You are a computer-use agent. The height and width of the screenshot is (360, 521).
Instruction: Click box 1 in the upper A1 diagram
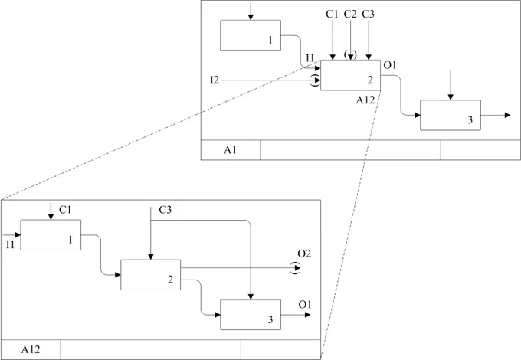pyautogui.click(x=251, y=35)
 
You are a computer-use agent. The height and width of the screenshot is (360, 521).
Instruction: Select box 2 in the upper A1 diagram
pyautogui.click(x=351, y=75)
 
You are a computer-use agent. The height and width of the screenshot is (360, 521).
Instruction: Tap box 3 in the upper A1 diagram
pyautogui.click(x=451, y=115)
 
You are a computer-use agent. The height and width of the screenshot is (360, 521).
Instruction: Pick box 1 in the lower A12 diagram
pyautogui.click(x=51, y=235)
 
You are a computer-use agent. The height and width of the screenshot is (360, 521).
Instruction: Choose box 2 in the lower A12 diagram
pyautogui.click(x=150, y=275)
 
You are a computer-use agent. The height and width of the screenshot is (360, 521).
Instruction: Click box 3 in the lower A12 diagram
pyautogui.click(x=251, y=315)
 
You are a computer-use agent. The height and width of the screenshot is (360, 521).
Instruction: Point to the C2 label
pyautogui.click(x=350, y=14)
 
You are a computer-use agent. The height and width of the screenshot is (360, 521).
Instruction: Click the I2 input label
pyautogui.click(x=215, y=80)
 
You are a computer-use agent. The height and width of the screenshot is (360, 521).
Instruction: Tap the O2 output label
pyautogui.click(x=304, y=254)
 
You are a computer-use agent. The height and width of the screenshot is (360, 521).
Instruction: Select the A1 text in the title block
pyautogui.click(x=230, y=150)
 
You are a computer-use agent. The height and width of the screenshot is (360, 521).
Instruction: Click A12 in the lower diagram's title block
pyautogui.click(x=31, y=349)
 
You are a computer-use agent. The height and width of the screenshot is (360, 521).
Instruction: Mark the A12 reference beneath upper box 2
pyautogui.click(x=365, y=100)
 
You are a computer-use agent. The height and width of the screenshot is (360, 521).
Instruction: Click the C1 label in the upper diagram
pyautogui.click(x=332, y=14)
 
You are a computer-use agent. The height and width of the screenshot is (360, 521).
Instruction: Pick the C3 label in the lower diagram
pyautogui.click(x=165, y=210)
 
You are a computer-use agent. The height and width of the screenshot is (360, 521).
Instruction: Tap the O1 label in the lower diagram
pyautogui.click(x=305, y=305)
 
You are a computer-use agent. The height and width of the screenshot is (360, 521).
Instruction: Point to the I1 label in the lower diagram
pyautogui.click(x=10, y=245)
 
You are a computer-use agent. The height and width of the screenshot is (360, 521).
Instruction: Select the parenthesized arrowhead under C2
pyautogui.click(x=351, y=55)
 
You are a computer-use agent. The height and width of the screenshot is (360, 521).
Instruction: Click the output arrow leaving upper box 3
pyautogui.click(x=496, y=115)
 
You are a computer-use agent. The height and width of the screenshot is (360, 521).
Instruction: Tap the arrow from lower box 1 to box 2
pyautogui.click(x=100, y=255)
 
